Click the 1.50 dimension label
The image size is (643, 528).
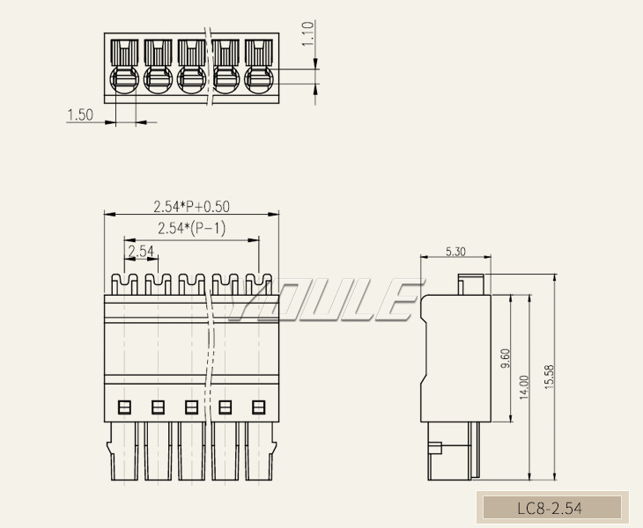(x=80, y=115)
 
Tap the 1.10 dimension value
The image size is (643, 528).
(x=307, y=34)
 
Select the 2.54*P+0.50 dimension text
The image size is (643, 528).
(x=191, y=207)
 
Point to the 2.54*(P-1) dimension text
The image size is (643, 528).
(x=191, y=229)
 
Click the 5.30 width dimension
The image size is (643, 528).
(x=455, y=252)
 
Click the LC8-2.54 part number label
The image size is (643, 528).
(x=549, y=508)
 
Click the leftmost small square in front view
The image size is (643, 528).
(x=124, y=407)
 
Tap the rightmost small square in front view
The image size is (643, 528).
(x=259, y=407)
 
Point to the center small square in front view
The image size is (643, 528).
(x=191, y=407)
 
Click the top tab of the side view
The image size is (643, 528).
(x=470, y=283)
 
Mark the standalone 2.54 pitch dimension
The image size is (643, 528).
(x=140, y=252)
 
